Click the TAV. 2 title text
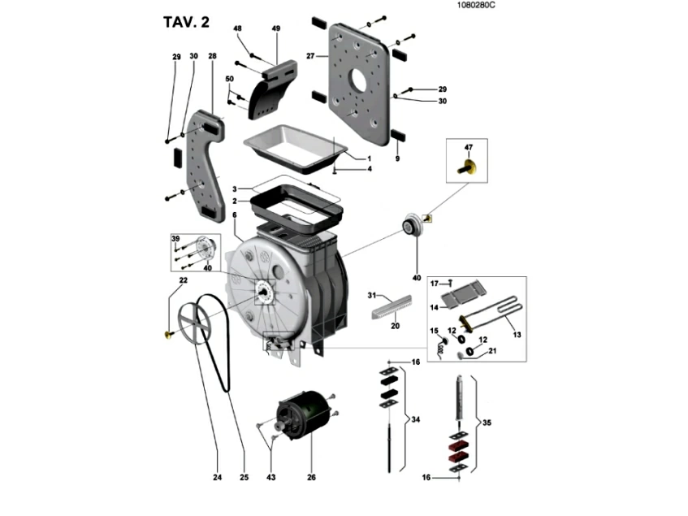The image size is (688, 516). click(x=186, y=22)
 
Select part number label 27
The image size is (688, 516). click(x=310, y=55)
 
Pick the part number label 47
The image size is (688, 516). click(x=468, y=147)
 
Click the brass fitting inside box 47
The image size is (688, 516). click(x=469, y=168)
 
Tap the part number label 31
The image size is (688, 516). click(x=372, y=294)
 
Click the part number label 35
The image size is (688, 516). click(x=487, y=422)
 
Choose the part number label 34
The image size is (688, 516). click(x=416, y=419)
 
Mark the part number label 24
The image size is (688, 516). click(x=217, y=478)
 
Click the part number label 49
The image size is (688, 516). click(x=275, y=28)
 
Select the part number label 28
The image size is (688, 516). click(x=212, y=56)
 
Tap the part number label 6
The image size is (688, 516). click(x=234, y=215)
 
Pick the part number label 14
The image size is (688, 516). click(x=435, y=307)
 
